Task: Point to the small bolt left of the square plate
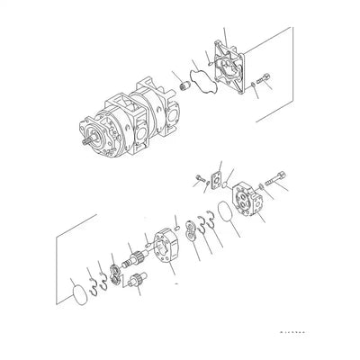pyautogui.click(x=197, y=184)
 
